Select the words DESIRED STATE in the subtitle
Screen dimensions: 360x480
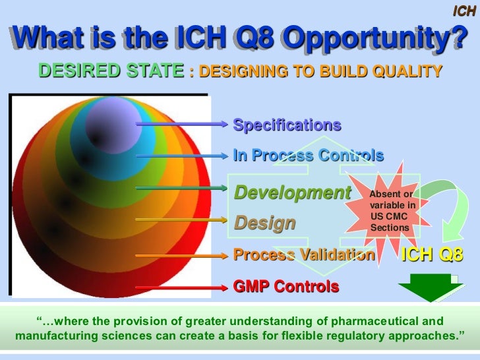click(111, 71)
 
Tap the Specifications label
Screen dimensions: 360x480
click(287, 125)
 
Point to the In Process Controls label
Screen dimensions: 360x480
click(308, 156)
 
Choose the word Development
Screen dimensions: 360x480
click(293, 193)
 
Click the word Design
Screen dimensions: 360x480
click(265, 223)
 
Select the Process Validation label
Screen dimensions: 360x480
click(304, 255)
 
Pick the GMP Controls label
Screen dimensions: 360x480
click(286, 287)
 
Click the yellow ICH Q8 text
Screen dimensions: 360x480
click(432, 255)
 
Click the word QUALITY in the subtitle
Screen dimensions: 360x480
click(408, 71)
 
